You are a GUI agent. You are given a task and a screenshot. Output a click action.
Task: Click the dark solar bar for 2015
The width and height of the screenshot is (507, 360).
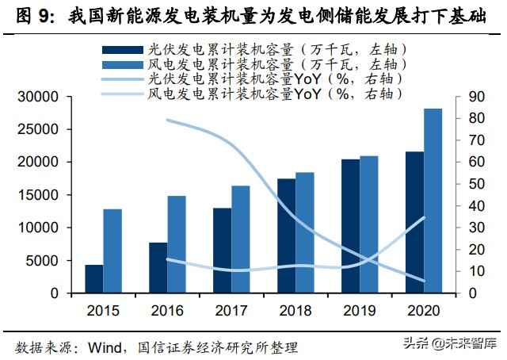94,279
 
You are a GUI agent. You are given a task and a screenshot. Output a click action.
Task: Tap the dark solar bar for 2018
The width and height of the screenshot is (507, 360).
286,236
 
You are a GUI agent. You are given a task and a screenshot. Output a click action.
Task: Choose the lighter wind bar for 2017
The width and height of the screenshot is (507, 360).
241,239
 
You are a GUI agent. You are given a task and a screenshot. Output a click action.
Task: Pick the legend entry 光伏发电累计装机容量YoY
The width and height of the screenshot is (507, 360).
261,79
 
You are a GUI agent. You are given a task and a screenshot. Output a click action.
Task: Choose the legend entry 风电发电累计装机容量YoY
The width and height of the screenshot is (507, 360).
261,94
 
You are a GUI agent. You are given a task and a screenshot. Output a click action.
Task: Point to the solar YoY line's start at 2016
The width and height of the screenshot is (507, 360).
167,120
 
